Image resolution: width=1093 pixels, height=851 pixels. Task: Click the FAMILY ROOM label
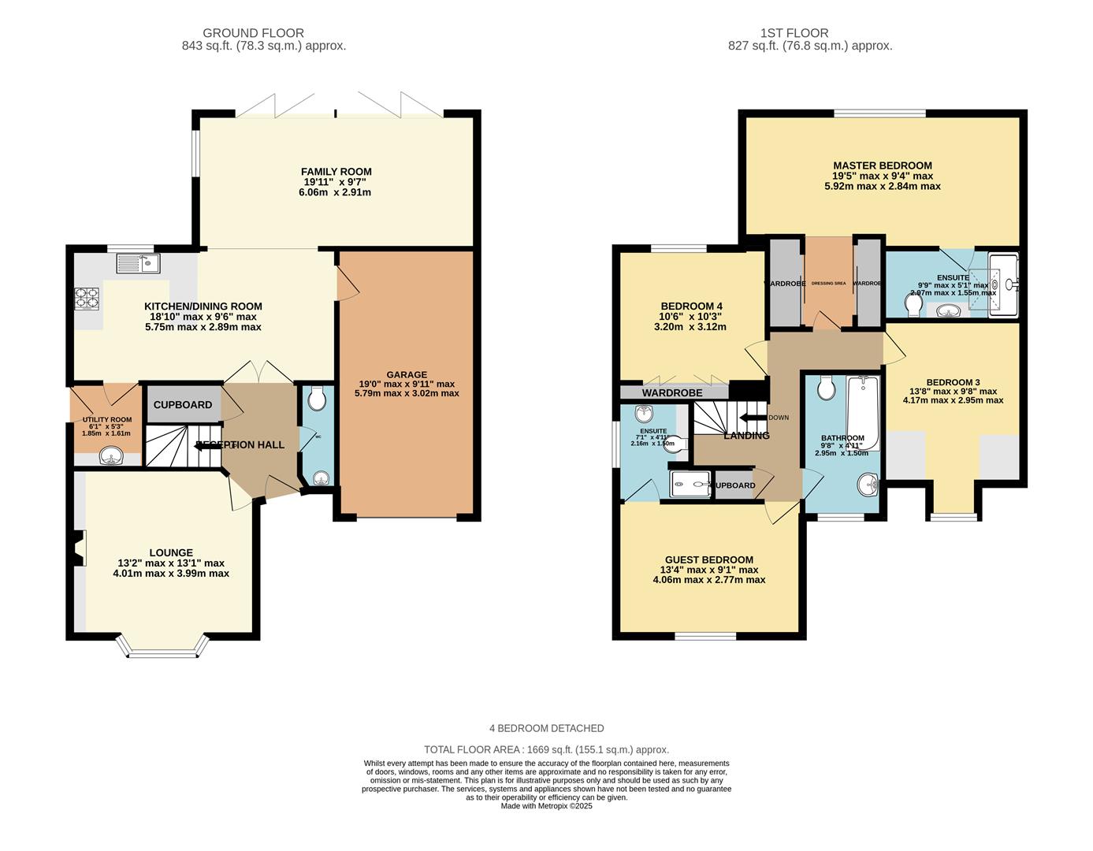click(x=336, y=172)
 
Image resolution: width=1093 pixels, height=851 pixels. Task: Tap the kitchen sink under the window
click(x=139, y=262)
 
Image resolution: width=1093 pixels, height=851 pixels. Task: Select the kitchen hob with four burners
click(x=87, y=298)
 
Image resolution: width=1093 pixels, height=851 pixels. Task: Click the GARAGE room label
click(x=407, y=374)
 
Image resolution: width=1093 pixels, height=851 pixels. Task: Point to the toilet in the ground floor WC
click(x=318, y=399)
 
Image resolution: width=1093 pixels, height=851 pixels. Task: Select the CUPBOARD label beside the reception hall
click(x=183, y=404)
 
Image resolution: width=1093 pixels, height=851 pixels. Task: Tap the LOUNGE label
click(x=171, y=552)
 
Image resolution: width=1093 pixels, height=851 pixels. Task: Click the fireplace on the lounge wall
click(x=77, y=548)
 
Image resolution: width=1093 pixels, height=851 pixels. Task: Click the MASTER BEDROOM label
click(x=883, y=165)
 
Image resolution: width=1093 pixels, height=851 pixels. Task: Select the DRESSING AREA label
click(x=828, y=283)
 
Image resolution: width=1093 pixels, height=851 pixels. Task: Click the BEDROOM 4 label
click(x=691, y=307)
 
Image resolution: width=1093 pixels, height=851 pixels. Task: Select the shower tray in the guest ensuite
click(x=690, y=485)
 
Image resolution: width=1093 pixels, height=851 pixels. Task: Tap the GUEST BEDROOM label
click(x=708, y=559)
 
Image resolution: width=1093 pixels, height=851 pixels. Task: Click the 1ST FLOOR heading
click(x=794, y=33)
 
